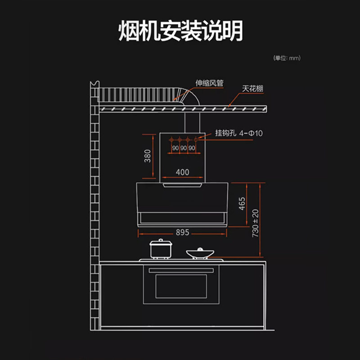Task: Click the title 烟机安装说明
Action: (x=180, y=31)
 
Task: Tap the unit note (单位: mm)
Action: (x=287, y=58)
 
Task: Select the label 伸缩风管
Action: (x=209, y=83)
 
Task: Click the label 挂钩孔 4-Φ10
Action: (x=239, y=134)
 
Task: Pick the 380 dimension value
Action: (x=148, y=156)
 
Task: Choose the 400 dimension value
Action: (x=182, y=172)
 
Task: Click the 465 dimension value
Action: (x=242, y=203)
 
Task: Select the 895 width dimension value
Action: (x=183, y=233)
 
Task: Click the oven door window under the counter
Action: (x=181, y=286)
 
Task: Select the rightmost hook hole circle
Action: (x=196, y=139)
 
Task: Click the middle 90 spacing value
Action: (x=183, y=148)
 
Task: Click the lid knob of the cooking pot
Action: (x=161, y=241)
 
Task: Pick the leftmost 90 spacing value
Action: (x=175, y=148)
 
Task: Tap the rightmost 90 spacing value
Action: (x=192, y=148)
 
